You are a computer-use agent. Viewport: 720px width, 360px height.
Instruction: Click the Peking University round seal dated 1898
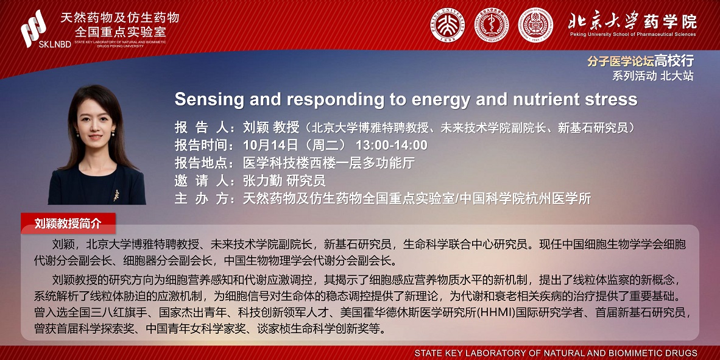click(x=447, y=25)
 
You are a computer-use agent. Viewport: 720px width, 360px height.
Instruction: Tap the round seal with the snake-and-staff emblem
click(x=492, y=25)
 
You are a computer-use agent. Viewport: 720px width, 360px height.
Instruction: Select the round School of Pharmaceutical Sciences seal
click(x=535, y=25)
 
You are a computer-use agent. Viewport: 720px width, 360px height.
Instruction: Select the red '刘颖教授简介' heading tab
click(x=68, y=224)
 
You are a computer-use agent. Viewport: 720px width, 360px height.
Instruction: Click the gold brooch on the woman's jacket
click(x=116, y=195)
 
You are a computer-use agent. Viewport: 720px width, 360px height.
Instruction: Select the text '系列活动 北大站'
click(x=652, y=76)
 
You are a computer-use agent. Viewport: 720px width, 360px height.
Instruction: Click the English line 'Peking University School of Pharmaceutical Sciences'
click(x=634, y=34)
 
